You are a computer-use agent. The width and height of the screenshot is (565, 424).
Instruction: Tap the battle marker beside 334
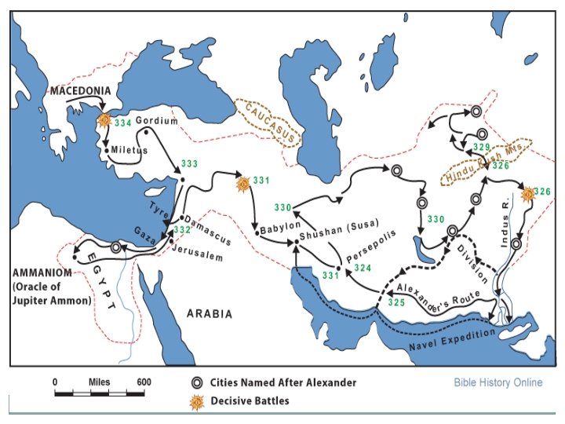tap(104, 120)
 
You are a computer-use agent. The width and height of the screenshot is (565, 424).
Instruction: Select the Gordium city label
tap(156, 121)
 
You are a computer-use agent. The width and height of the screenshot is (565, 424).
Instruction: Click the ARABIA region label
tap(209, 313)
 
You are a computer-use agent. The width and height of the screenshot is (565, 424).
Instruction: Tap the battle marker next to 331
tap(242, 183)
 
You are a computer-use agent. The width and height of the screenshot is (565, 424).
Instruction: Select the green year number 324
tap(363, 269)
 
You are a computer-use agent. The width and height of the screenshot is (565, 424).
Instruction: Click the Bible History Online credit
tap(498, 383)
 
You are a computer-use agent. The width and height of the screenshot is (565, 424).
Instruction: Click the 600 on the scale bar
tap(144, 382)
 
